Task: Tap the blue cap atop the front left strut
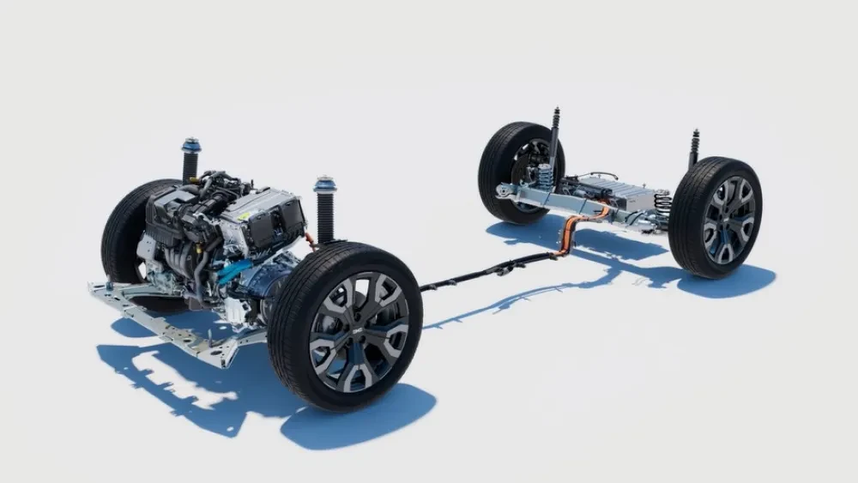[190, 146]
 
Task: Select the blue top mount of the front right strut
[325, 184]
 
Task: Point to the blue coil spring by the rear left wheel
[546, 177]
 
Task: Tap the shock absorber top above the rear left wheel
[555, 116]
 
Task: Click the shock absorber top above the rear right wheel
[694, 137]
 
